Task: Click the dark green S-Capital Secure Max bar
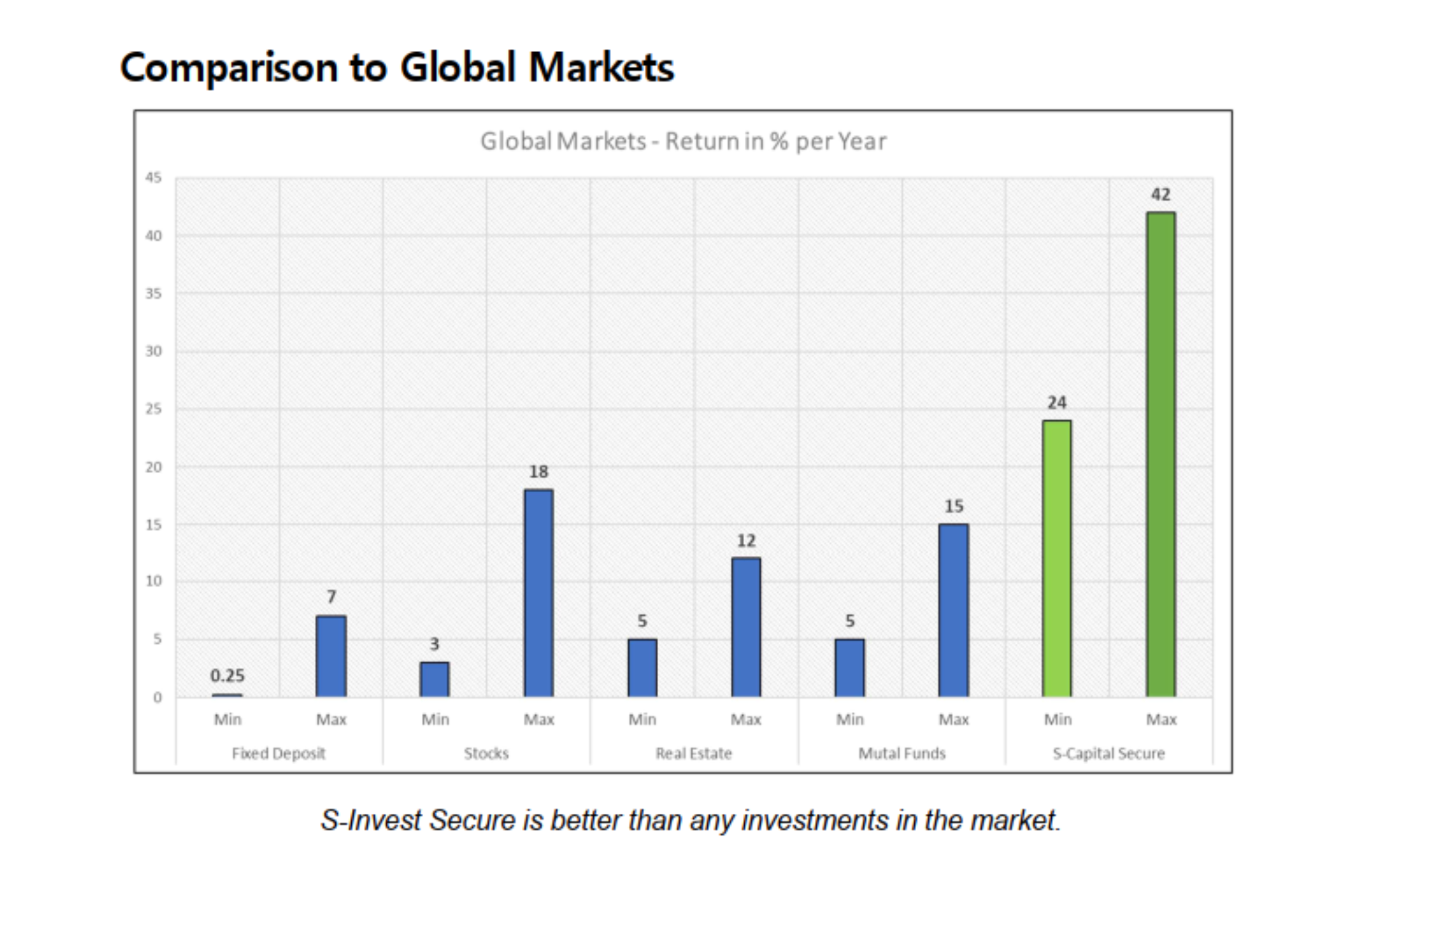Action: coord(1160,454)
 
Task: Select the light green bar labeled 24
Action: coord(1057,558)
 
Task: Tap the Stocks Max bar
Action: coord(538,593)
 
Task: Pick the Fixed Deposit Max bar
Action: coord(331,656)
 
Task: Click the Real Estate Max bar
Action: coord(746,627)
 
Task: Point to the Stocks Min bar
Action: coord(435,679)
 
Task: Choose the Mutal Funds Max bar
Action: coord(954,610)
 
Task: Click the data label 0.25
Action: coord(227,676)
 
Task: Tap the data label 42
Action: coord(1160,195)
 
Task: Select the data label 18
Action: coord(538,471)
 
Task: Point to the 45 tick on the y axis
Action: coord(154,178)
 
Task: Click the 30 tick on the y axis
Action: coord(154,351)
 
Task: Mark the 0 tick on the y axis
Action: coord(158,697)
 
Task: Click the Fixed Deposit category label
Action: coord(279,753)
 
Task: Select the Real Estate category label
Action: coord(694,753)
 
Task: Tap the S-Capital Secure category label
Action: coord(1109,753)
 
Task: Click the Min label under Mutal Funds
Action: coord(850,719)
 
